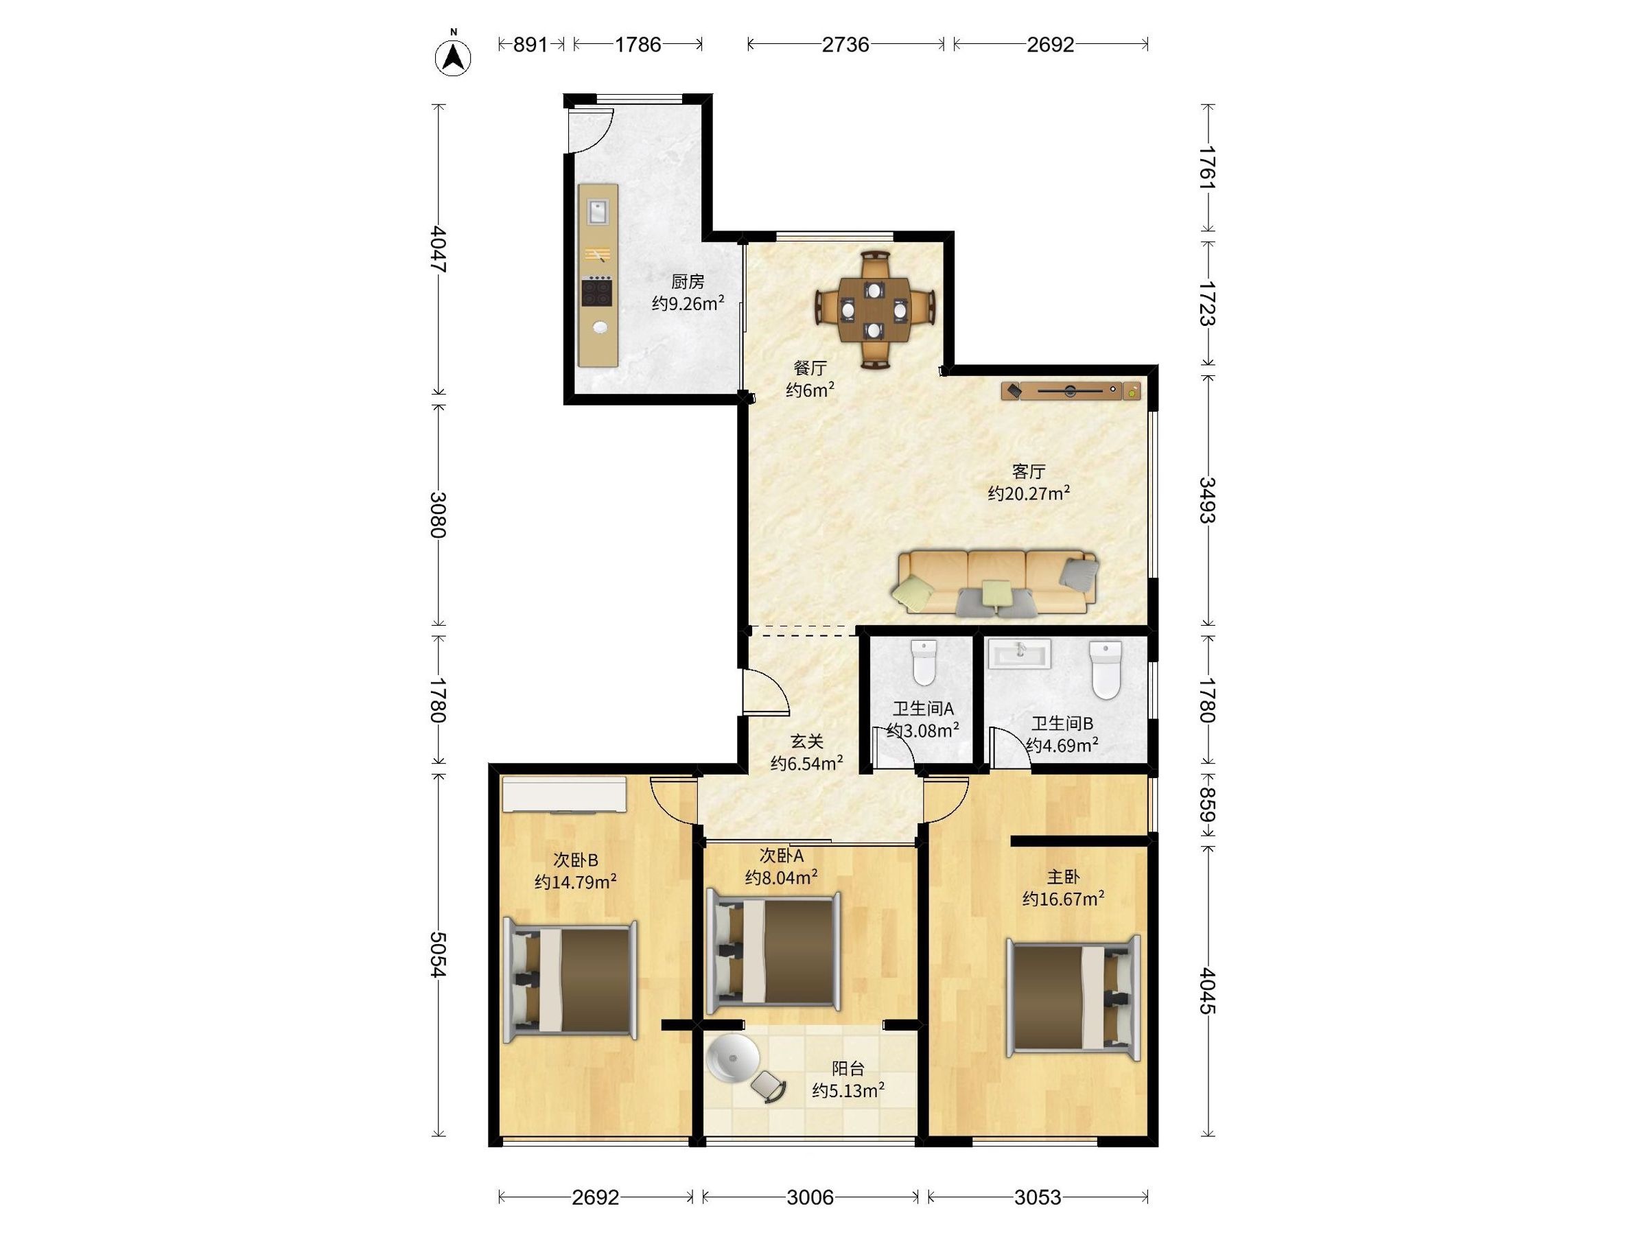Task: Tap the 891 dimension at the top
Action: click(x=530, y=45)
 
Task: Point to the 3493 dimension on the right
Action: click(x=1207, y=500)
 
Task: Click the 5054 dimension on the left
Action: click(x=439, y=955)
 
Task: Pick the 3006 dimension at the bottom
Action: click(x=810, y=1197)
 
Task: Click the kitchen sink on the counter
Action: click(x=598, y=211)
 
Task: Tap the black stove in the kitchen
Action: click(x=598, y=291)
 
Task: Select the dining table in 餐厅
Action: click(x=874, y=309)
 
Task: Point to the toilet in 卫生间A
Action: click(x=924, y=662)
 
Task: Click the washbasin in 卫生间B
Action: click(x=1019, y=655)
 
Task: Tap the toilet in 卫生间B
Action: click(x=1105, y=670)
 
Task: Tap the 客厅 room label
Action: click(x=1029, y=471)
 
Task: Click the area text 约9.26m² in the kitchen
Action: click(x=688, y=303)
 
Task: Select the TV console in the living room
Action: click(x=1071, y=390)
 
